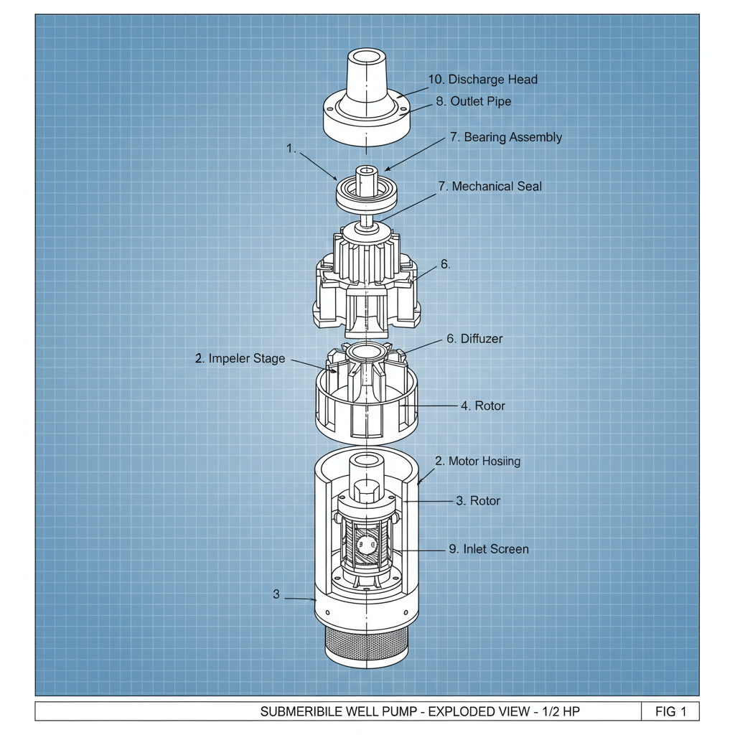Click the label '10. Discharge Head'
pos(482,80)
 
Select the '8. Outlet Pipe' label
pos(473,102)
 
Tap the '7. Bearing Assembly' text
pos(505,137)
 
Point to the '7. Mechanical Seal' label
pos(490,187)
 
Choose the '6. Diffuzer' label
pos(474,339)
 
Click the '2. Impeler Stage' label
pos(240,359)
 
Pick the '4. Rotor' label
pos(482,406)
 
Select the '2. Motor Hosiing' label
pos(477,462)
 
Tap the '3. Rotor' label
pos(478,501)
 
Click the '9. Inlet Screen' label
pos(488,550)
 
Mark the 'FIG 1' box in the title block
pos(670,712)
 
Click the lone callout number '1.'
pos(291,149)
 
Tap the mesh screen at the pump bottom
pos(366,646)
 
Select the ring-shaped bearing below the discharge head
pos(366,192)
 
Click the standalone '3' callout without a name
pos(276,594)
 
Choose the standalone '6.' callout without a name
pos(445,265)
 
